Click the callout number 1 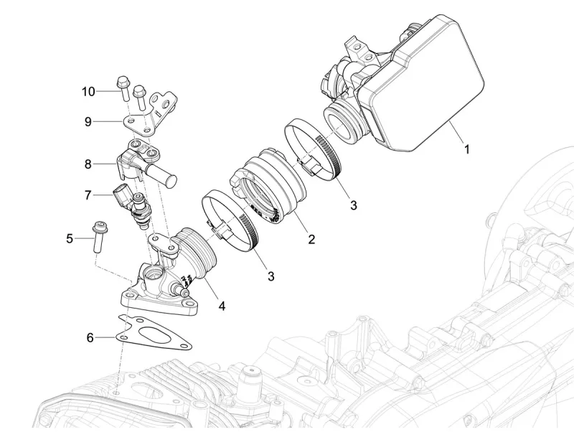coord(466,149)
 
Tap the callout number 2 coord(311,239)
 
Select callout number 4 coord(222,306)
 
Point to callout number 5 coord(70,238)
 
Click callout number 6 coord(90,337)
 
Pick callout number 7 coord(88,195)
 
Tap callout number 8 coord(88,164)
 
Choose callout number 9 coord(88,122)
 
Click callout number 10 coord(88,91)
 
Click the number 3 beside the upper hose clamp coord(353,205)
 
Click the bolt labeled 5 coord(97,238)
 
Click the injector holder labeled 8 coord(143,161)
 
